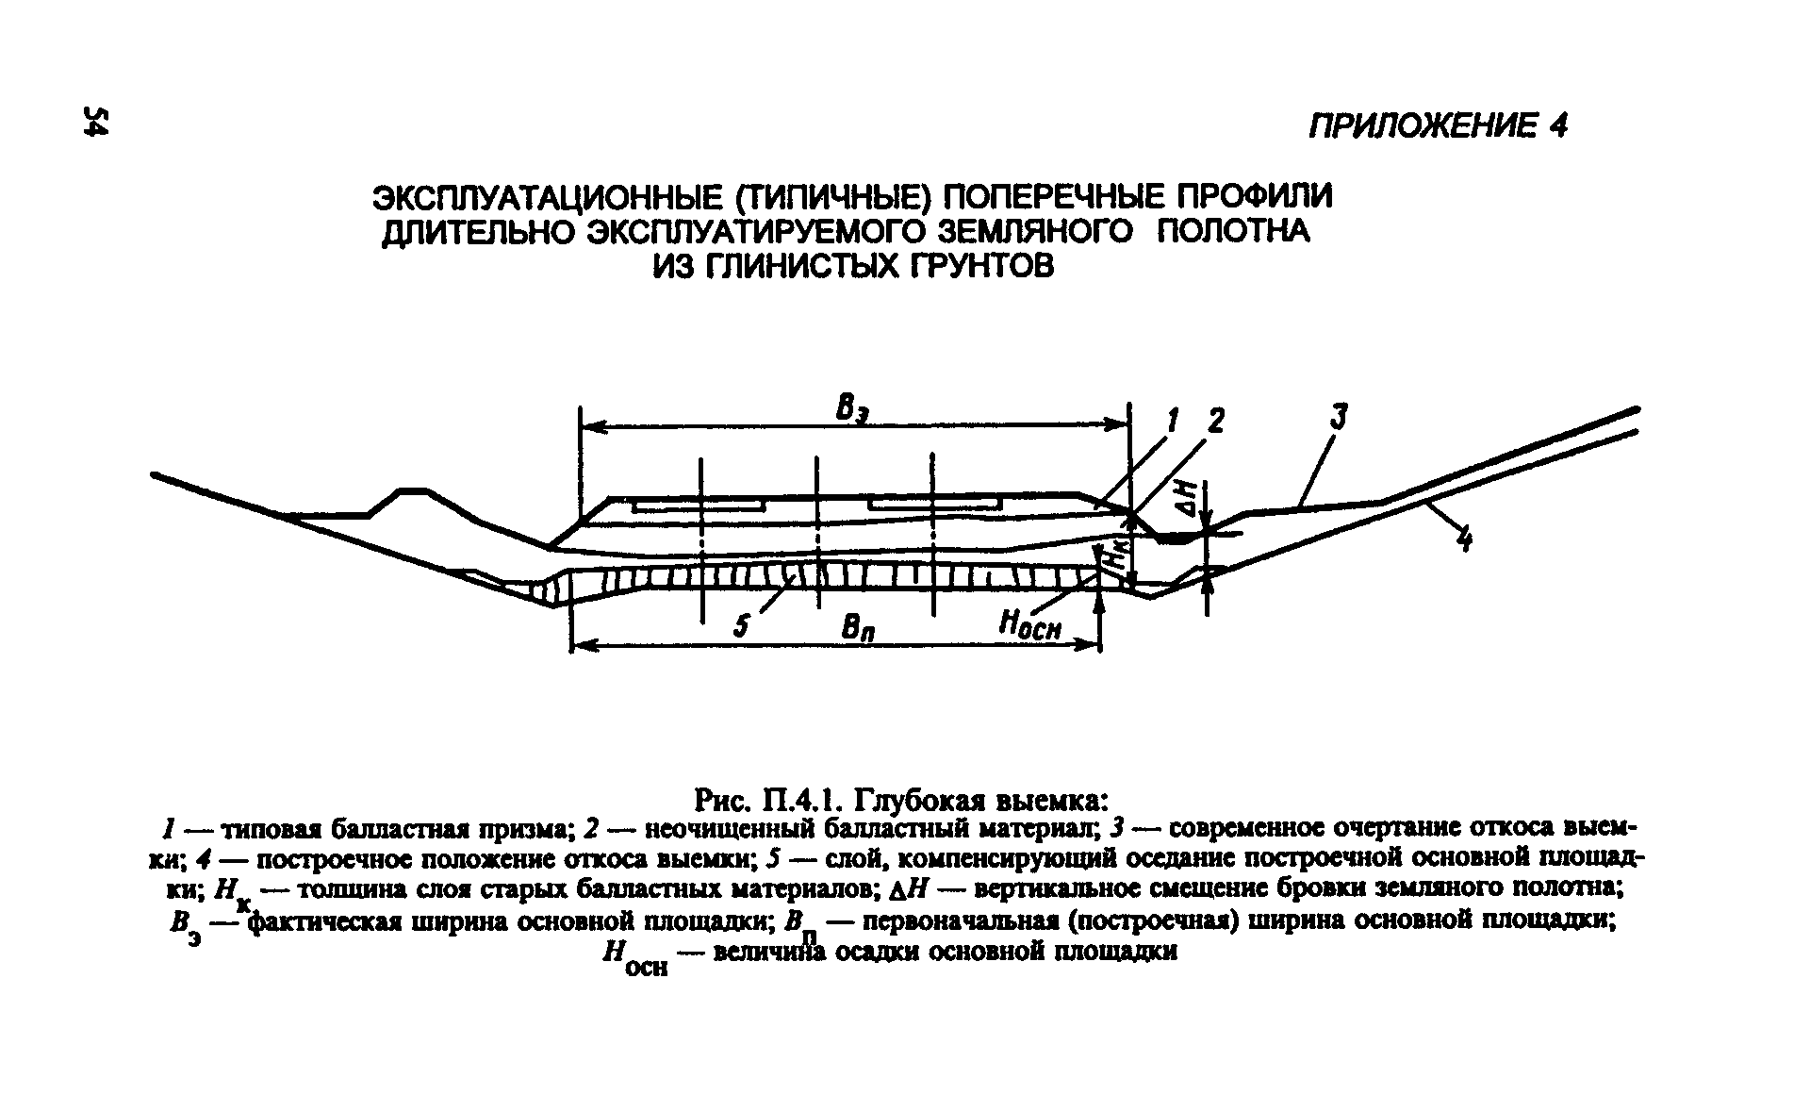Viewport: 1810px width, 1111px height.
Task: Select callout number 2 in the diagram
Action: [x=1215, y=421]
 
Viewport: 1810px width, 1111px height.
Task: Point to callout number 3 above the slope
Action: [x=1340, y=416]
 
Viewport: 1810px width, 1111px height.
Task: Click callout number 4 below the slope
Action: [x=1463, y=540]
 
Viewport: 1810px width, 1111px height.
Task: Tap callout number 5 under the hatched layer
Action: [x=742, y=625]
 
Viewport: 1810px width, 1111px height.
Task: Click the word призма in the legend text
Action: [x=531, y=829]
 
